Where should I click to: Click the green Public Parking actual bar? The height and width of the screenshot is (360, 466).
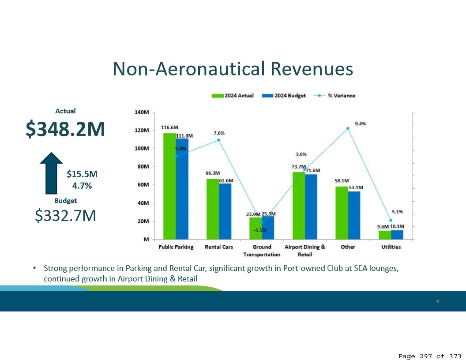pyautogui.click(x=169, y=185)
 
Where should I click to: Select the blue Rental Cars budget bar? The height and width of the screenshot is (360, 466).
pyautogui.click(x=225, y=211)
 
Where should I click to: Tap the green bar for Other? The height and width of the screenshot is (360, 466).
pyautogui.click(x=342, y=212)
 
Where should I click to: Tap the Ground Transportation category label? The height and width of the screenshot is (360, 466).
pyautogui.click(x=262, y=251)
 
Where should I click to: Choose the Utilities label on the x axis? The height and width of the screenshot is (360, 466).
pyautogui.click(x=391, y=247)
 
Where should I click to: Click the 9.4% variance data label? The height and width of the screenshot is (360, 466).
pyautogui.click(x=360, y=124)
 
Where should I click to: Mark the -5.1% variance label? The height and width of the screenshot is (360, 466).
pyautogui.click(x=396, y=211)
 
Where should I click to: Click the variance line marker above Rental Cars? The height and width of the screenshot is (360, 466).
pyautogui.click(x=218, y=140)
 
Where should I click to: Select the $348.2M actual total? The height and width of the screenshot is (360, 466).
pyautogui.click(x=65, y=129)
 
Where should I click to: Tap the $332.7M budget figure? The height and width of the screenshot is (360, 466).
pyautogui.click(x=65, y=216)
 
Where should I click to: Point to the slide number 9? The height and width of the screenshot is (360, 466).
pyautogui.click(x=437, y=301)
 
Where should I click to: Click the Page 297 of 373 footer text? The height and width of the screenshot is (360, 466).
pyautogui.click(x=430, y=356)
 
